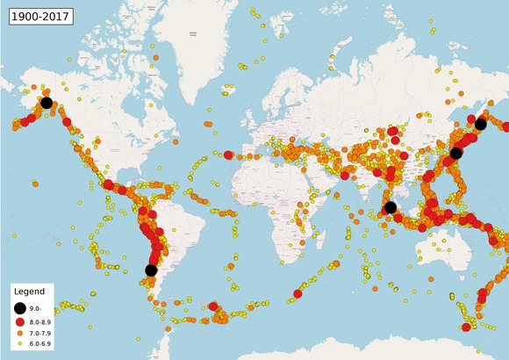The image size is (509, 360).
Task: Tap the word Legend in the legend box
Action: tap(29, 291)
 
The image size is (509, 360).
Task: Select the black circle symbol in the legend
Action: tap(20, 308)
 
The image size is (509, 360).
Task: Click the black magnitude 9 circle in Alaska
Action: tap(46, 103)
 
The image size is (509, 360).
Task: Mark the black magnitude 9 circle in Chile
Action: tap(151, 270)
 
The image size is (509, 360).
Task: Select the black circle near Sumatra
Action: tap(391, 207)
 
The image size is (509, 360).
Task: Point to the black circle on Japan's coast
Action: tap(455, 153)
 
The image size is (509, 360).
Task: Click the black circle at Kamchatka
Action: tap(480, 125)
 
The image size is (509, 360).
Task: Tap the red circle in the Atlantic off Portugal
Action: tap(229, 155)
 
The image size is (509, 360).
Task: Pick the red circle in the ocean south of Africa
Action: tap(298, 294)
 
